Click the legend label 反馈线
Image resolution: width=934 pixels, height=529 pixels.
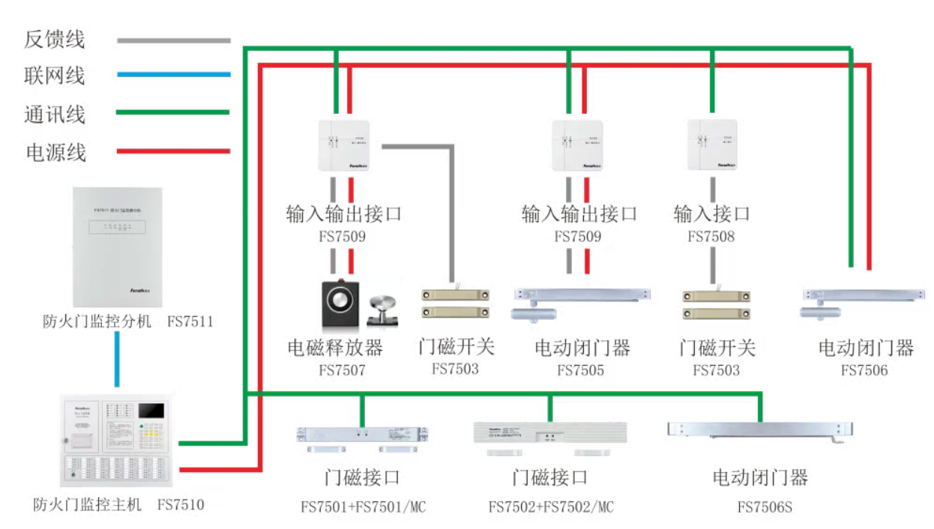[55, 40]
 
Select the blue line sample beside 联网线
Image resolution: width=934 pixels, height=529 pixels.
[173, 74]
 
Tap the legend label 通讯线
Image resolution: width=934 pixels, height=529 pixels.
[55, 115]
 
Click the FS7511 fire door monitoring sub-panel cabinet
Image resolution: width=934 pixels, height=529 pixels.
[118, 248]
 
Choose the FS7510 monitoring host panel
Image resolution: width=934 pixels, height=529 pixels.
[117, 443]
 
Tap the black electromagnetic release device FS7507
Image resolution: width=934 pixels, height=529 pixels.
[341, 304]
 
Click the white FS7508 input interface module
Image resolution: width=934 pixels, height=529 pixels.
[711, 145]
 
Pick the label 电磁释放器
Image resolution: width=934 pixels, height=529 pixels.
[335, 348]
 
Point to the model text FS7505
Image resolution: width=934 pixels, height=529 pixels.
[580, 370]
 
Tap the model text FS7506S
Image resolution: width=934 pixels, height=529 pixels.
[764, 507]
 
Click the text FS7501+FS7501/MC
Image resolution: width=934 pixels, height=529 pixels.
[363, 507]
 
